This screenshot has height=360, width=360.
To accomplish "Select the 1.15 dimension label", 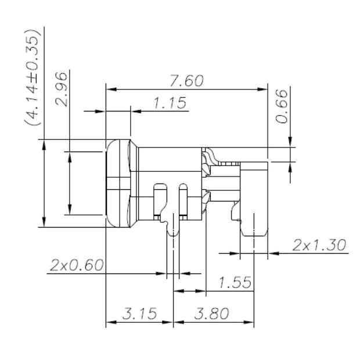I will pyautogui.click(x=170, y=103).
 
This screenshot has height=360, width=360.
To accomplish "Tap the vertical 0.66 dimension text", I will pyautogui.click(x=282, y=106).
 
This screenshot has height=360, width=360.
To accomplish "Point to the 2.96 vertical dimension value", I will pyautogui.click(x=61, y=89).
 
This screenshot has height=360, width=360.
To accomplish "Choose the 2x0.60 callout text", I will pyautogui.click(x=77, y=265).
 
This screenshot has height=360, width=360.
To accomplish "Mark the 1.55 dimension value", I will pyautogui.click(x=235, y=283).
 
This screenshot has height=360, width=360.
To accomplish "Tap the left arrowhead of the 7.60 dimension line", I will pyautogui.click(x=110, y=89).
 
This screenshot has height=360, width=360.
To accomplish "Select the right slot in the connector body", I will pyautogui.click(x=183, y=200).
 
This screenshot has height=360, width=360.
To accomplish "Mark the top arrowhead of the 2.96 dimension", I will pyautogui.click(x=70, y=155).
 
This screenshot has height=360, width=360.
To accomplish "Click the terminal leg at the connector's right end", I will pyautogui.click(x=253, y=224).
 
